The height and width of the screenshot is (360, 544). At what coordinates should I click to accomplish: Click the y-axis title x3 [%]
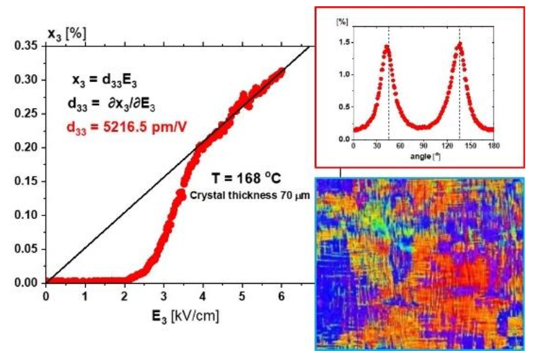(x=67, y=33)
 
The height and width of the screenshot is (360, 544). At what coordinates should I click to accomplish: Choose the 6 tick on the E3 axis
(x=281, y=296)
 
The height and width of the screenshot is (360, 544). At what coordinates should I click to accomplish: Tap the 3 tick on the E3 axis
(x=163, y=296)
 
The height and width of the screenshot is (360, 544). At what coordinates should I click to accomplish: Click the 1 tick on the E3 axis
(x=85, y=296)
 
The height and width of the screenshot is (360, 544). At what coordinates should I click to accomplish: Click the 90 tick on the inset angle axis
(x=424, y=147)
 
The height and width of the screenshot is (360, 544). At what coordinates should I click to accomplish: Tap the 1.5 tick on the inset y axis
(x=342, y=42)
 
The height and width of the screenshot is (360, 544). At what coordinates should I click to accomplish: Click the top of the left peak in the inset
(x=387, y=46)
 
